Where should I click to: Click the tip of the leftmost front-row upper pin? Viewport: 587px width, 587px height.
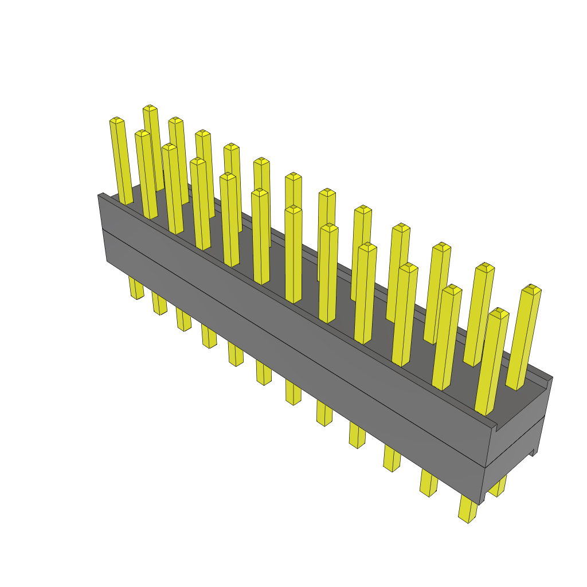pyautogui.click(x=116, y=120)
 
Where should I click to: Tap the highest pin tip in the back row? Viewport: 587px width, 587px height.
pyautogui.click(x=150, y=108)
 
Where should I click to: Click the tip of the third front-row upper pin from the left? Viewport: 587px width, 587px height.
pyautogui.click(x=169, y=147)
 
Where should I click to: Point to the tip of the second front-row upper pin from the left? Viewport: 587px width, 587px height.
pyautogui.click(x=142, y=133)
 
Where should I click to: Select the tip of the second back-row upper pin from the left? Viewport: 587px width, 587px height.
pyautogui.click(x=175, y=120)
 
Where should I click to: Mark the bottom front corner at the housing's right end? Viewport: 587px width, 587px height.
pyautogui.click(x=480, y=503)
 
